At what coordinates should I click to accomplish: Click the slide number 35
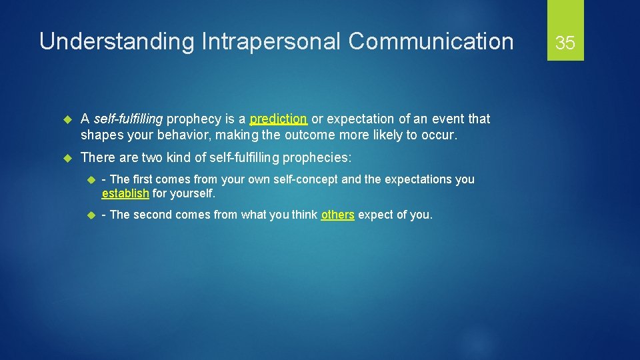565,43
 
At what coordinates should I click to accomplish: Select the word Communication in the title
431,42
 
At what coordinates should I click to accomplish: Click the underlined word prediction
278,119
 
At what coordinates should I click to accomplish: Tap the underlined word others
337,215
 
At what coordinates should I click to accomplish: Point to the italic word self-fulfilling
128,119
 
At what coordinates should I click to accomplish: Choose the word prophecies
315,158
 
